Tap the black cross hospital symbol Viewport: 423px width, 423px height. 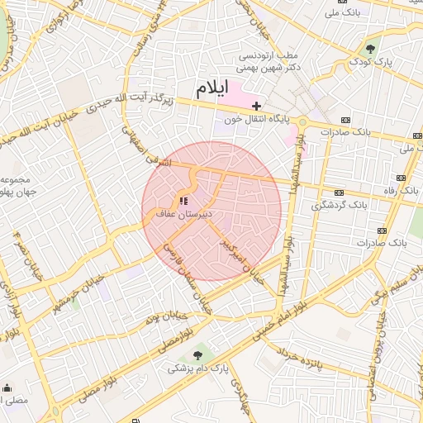pos(257,106)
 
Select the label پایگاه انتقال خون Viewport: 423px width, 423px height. pos(262,119)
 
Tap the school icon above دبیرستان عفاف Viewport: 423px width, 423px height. pos(183,201)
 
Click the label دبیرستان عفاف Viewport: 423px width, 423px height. pos(185,214)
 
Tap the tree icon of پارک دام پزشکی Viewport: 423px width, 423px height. pos(197,355)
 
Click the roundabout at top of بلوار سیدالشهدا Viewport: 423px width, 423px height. pos(303,121)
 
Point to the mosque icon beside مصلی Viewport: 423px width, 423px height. pos(7,387)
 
